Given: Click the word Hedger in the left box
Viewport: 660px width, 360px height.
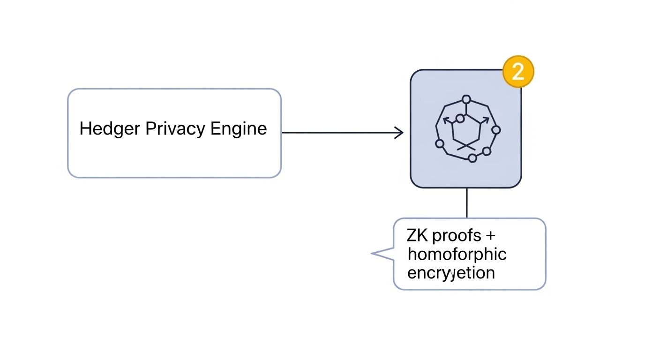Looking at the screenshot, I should coord(110,128).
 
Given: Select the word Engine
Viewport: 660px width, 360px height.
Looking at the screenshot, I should coord(239,129).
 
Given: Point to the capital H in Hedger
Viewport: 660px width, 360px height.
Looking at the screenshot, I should coord(85,128).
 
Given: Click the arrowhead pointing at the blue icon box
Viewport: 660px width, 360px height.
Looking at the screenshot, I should coord(399,133).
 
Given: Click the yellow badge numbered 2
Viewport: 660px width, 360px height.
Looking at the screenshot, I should coord(518,72).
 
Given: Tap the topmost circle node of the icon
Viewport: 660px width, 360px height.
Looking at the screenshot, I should coord(466,99).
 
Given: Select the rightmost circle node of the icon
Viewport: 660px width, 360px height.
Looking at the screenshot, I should coord(496,130).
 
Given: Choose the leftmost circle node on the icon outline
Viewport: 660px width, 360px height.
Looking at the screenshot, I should coord(440,143).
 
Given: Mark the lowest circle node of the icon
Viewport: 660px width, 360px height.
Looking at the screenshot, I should coord(472,158).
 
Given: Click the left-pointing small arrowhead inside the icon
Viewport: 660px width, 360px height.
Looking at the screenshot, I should coord(446,120).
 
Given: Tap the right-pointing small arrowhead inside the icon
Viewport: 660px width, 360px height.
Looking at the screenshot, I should coord(485,120).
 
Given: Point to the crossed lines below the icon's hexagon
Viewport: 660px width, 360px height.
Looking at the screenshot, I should coord(466,146).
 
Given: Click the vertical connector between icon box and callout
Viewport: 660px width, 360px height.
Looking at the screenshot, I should coord(466,202).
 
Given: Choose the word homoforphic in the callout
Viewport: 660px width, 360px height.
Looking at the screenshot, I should coord(457,255).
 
